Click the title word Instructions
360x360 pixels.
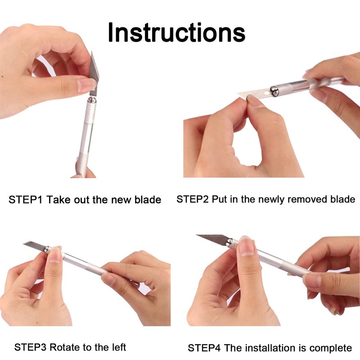[176, 32]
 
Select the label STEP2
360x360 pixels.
[193, 199]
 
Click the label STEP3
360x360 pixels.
[31, 347]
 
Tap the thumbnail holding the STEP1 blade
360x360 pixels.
[87, 84]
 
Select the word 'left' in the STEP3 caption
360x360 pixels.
[117, 347]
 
